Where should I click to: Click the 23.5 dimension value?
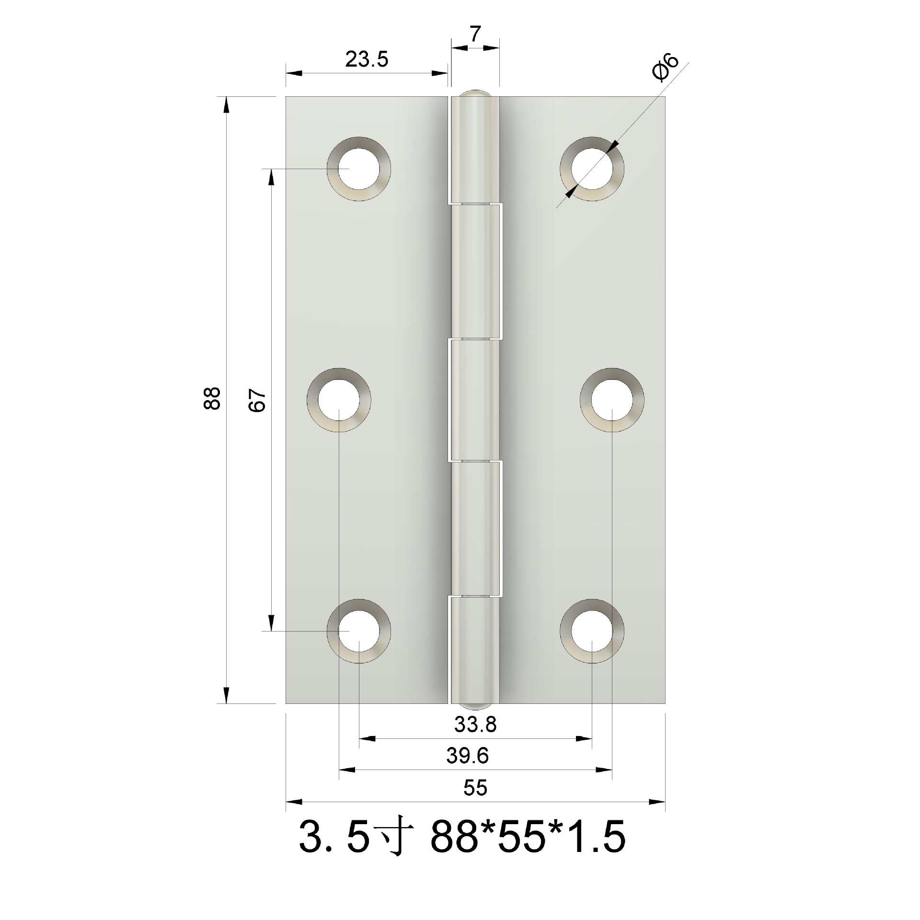(367, 59)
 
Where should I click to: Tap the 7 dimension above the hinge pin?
(474, 34)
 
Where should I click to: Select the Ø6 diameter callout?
(666, 68)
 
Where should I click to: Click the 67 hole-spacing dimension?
(257, 400)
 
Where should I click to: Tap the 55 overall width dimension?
(475, 788)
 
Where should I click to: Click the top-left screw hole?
(359, 169)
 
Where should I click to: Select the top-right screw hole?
(592, 169)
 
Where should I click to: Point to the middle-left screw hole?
(339, 400)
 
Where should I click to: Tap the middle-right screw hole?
(612, 400)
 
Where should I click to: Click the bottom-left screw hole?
(359, 631)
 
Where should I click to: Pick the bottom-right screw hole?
(592, 631)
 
